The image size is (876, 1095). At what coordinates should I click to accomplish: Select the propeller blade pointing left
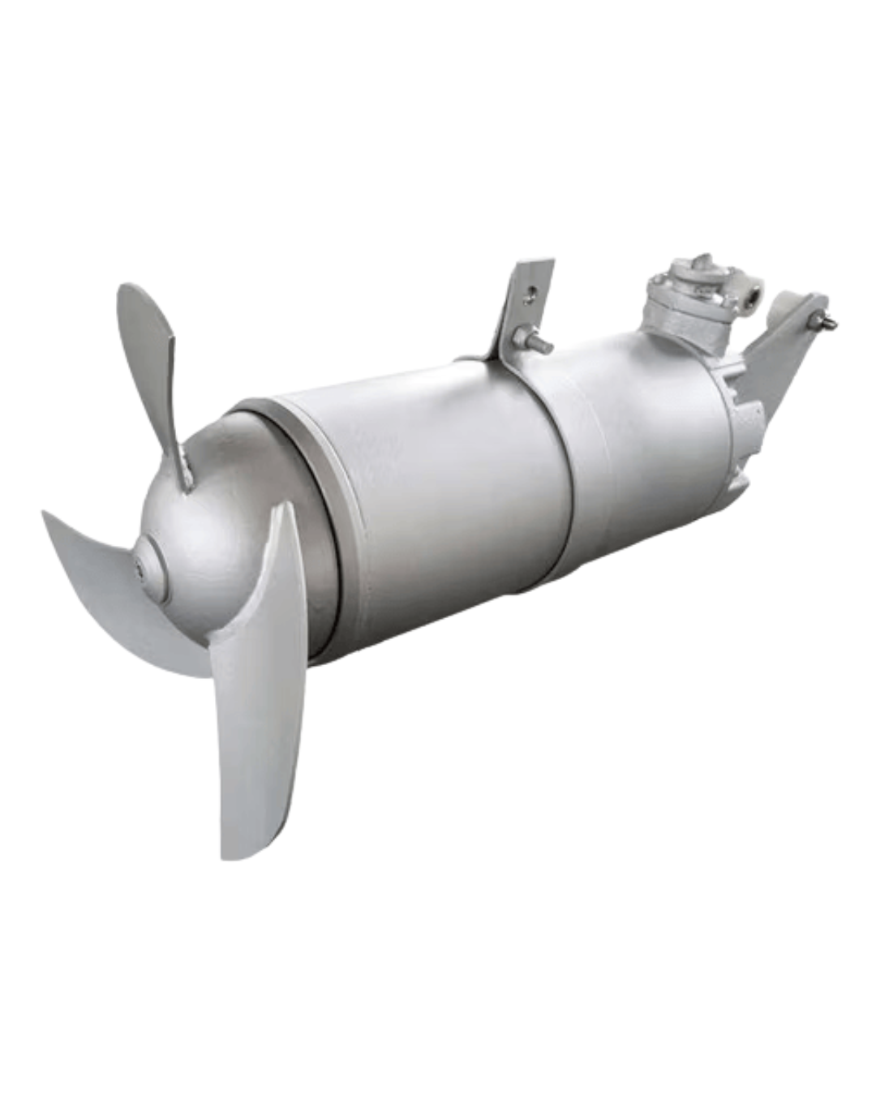[x=122, y=592]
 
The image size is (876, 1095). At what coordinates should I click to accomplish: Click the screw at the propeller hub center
[x=145, y=571]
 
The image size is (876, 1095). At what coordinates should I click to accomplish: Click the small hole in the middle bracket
[x=530, y=298]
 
